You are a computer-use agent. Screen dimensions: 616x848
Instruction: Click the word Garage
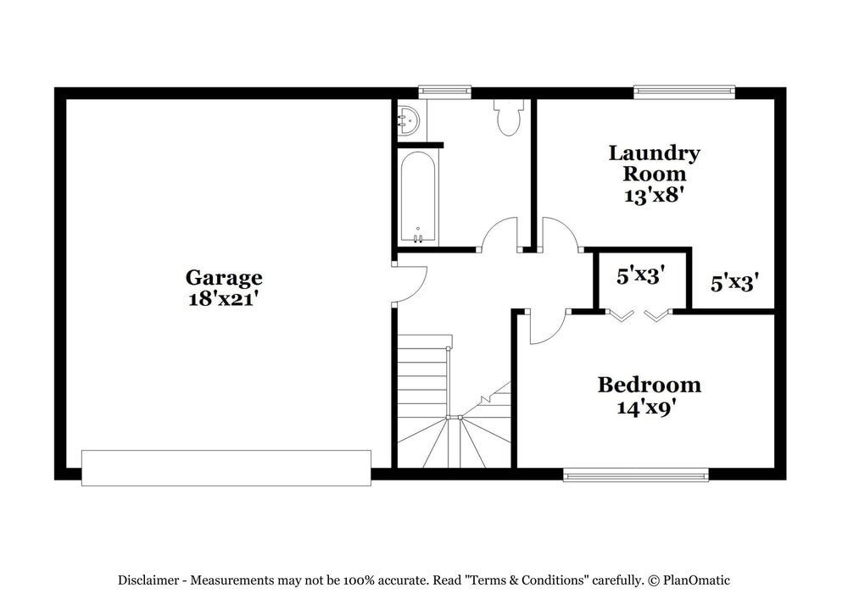click(x=224, y=277)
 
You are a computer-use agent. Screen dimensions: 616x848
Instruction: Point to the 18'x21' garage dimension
click(x=224, y=298)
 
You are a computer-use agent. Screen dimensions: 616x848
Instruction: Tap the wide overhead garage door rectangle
click(x=226, y=468)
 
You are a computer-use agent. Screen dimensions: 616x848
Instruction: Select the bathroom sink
click(x=408, y=120)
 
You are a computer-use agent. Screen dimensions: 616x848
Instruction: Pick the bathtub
click(x=417, y=197)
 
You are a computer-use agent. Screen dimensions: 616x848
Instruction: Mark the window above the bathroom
click(x=444, y=92)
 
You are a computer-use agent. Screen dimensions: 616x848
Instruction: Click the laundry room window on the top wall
click(x=684, y=92)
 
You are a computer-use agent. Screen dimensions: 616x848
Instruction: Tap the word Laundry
click(x=654, y=153)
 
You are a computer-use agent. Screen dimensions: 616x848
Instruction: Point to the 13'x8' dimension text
click(x=654, y=194)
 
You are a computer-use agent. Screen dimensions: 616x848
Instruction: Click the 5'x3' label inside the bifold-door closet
click(x=639, y=275)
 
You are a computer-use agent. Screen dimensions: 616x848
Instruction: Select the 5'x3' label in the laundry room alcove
click(x=734, y=282)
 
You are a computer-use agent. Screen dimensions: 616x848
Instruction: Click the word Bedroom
click(x=649, y=385)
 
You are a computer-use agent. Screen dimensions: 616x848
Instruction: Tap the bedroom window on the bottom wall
click(x=636, y=474)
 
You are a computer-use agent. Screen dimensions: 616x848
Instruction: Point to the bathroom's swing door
click(x=500, y=234)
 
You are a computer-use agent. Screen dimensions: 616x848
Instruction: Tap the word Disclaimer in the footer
click(x=148, y=580)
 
